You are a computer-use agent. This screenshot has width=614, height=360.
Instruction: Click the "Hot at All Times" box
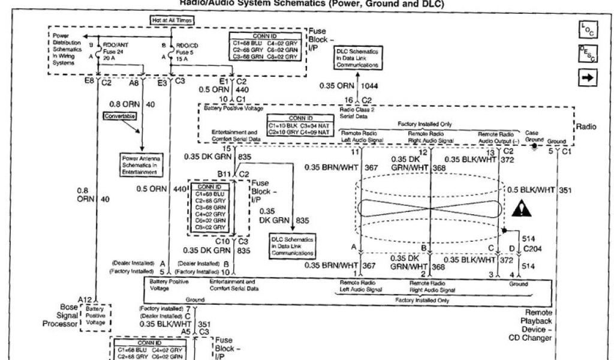click(172, 20)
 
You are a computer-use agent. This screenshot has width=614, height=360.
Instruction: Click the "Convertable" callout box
click(120, 115)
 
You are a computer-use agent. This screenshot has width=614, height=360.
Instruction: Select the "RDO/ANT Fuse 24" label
click(114, 52)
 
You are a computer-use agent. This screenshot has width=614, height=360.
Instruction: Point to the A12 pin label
click(83, 299)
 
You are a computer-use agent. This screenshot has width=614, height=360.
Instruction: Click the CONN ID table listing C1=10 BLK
click(299, 128)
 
